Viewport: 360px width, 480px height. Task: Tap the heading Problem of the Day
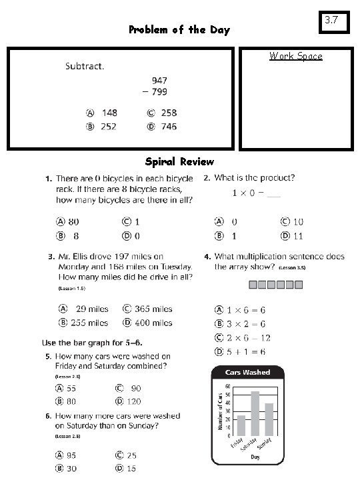point(179,30)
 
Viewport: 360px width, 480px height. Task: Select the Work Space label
point(295,56)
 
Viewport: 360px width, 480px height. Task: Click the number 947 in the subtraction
point(158,79)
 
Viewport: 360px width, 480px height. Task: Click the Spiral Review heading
point(179,161)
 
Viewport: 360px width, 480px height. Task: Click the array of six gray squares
point(276,285)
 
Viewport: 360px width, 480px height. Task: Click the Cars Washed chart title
point(248,372)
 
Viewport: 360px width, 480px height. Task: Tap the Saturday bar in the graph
point(255,413)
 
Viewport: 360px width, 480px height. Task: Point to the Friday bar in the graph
point(241,425)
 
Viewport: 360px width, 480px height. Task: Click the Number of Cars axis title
point(220,410)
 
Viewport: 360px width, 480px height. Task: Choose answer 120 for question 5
point(133,401)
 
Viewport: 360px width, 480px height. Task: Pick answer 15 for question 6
point(131,469)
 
